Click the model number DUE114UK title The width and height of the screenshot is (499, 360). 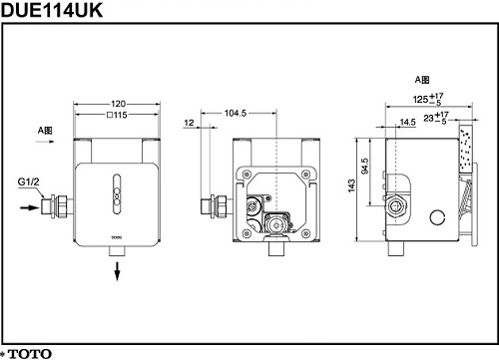[52, 10]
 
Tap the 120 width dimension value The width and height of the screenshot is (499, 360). [118, 104]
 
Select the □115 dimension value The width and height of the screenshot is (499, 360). [117, 115]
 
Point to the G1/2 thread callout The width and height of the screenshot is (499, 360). [28, 181]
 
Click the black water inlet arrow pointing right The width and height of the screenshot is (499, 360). [30, 207]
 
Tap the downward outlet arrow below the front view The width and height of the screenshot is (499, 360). [117, 271]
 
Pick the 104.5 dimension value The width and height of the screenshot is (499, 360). [236, 113]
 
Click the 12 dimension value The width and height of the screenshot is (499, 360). [189, 123]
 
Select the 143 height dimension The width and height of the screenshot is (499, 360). [351, 185]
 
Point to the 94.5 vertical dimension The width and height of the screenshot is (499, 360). [365, 166]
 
